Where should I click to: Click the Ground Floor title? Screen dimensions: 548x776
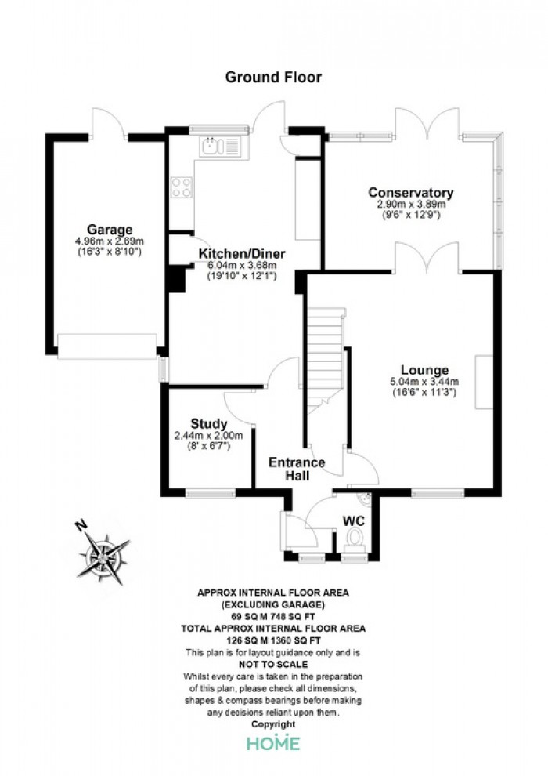coord(273,77)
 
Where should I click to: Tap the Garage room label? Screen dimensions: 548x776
coord(110,230)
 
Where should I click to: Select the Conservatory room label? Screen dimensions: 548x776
coord(411,193)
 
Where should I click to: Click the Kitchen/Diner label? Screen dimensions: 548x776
coord(242,254)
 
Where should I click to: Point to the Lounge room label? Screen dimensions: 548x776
coord(424,370)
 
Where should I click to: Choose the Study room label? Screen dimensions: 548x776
coord(209,424)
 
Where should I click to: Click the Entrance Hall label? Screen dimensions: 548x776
coord(297,470)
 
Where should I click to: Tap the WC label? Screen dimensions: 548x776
coord(354,521)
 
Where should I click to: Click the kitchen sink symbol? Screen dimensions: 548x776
coord(220,147)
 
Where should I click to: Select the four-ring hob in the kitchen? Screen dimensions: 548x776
coord(182,187)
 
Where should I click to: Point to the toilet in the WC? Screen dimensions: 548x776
coord(355,540)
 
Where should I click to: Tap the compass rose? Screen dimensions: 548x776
coord(103,558)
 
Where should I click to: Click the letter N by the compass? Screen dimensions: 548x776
coord(81,525)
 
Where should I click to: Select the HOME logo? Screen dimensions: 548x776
coord(273,743)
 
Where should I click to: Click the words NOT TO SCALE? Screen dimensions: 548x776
coord(273,664)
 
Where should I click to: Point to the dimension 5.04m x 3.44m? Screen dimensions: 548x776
coord(424,382)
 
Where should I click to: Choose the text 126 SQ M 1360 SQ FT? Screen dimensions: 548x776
coord(273,640)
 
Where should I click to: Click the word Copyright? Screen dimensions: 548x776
coord(273,724)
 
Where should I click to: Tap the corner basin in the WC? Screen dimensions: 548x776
coord(365,499)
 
